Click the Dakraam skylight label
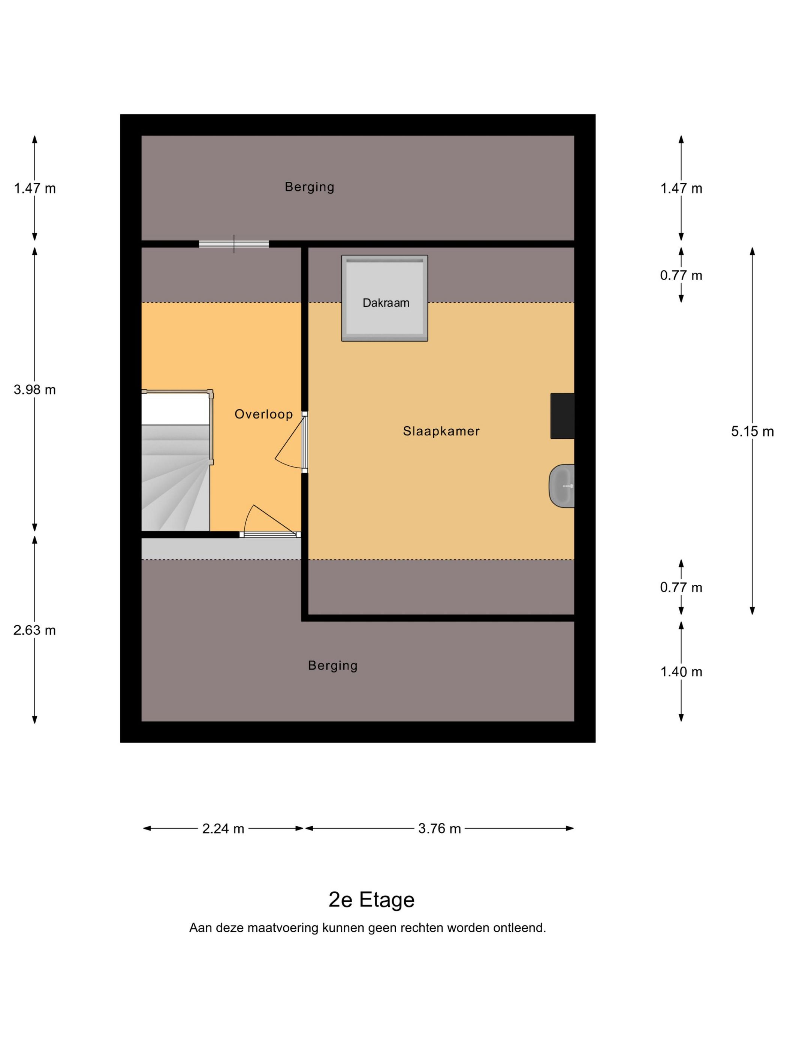coord(386,303)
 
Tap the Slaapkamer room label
coord(441,431)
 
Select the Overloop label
coord(264,414)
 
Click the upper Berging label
coord(309,187)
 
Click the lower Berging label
coord(332,666)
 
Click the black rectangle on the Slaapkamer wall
coord(562,416)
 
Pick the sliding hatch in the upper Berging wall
coord(234,244)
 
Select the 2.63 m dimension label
coord(34,630)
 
